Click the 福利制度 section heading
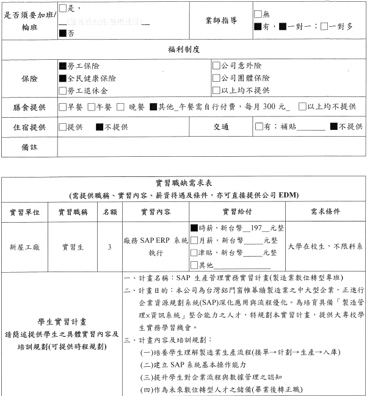pyautogui.click(x=184, y=49)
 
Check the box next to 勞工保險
pyautogui.click(x=63, y=65)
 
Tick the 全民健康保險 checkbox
pyautogui.click(x=63, y=78)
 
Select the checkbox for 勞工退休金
pyautogui.click(x=63, y=91)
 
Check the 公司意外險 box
pyautogui.click(x=216, y=65)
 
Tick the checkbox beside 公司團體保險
pyautogui.click(x=216, y=78)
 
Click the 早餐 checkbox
pyautogui.click(x=63, y=107)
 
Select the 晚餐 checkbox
pyautogui.click(x=120, y=107)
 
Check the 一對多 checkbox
pyautogui.click(x=324, y=27)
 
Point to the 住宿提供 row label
pyautogui.click(x=29, y=127)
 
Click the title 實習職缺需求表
pyautogui.click(x=183, y=183)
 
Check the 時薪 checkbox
pyautogui.click(x=194, y=228)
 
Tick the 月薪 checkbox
pyautogui.click(x=194, y=240)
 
